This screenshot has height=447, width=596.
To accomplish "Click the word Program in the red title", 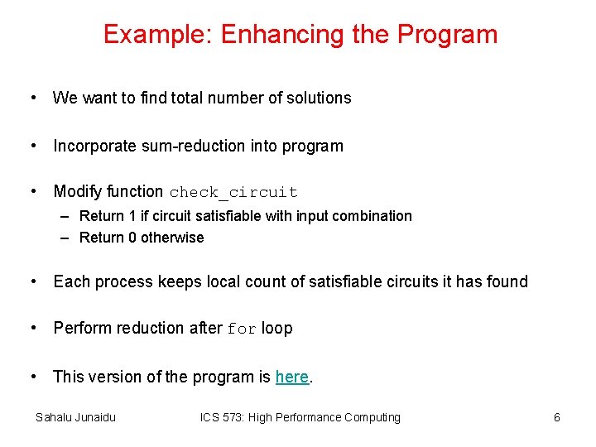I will click(447, 35).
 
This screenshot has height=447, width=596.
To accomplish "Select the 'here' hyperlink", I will click(291, 377).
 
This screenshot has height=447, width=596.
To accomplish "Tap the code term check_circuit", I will click(233, 192).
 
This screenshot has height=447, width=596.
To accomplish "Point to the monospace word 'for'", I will click(242, 329).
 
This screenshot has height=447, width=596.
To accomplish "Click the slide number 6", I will click(557, 417).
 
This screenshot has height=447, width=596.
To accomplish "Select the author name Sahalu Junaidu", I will click(75, 417).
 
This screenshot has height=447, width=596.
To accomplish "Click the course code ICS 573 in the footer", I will click(224, 417).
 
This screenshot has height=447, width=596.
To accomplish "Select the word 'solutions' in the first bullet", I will click(319, 98).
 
